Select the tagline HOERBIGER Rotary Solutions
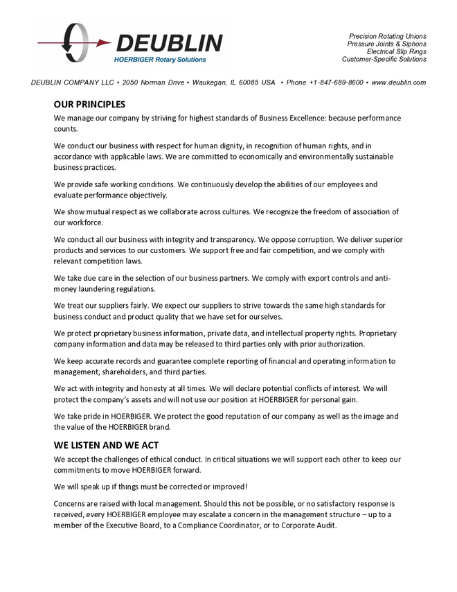click(160, 60)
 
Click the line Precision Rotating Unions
click(387, 36)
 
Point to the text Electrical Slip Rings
click(396, 51)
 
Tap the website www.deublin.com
click(398, 82)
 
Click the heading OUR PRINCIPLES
click(89, 105)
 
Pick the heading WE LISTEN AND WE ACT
click(106, 445)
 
